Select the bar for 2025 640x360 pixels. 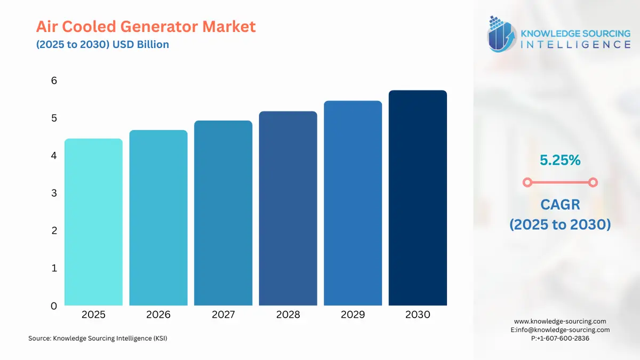[x=93, y=222]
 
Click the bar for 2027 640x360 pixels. [x=223, y=213]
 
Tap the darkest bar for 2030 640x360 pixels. [x=418, y=198]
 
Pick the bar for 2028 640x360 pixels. [x=288, y=208]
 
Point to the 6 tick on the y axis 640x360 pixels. [x=54, y=81]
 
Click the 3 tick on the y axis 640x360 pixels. [x=54, y=193]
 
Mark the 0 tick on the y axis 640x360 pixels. [x=54, y=306]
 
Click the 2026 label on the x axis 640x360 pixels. [x=158, y=315]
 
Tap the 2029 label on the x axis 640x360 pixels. [x=353, y=315]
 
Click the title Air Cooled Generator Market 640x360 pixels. [x=146, y=26]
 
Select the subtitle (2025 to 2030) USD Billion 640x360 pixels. [x=102, y=44]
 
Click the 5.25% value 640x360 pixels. [x=559, y=159]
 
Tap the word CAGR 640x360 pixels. [x=559, y=204]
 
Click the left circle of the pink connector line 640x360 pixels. [x=527, y=182]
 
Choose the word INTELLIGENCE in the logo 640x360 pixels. [x=575, y=44]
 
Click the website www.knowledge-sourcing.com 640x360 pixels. [x=560, y=321]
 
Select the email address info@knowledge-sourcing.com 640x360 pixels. [x=564, y=330]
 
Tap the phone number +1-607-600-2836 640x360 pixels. [x=564, y=338]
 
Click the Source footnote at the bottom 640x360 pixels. [x=98, y=338]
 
